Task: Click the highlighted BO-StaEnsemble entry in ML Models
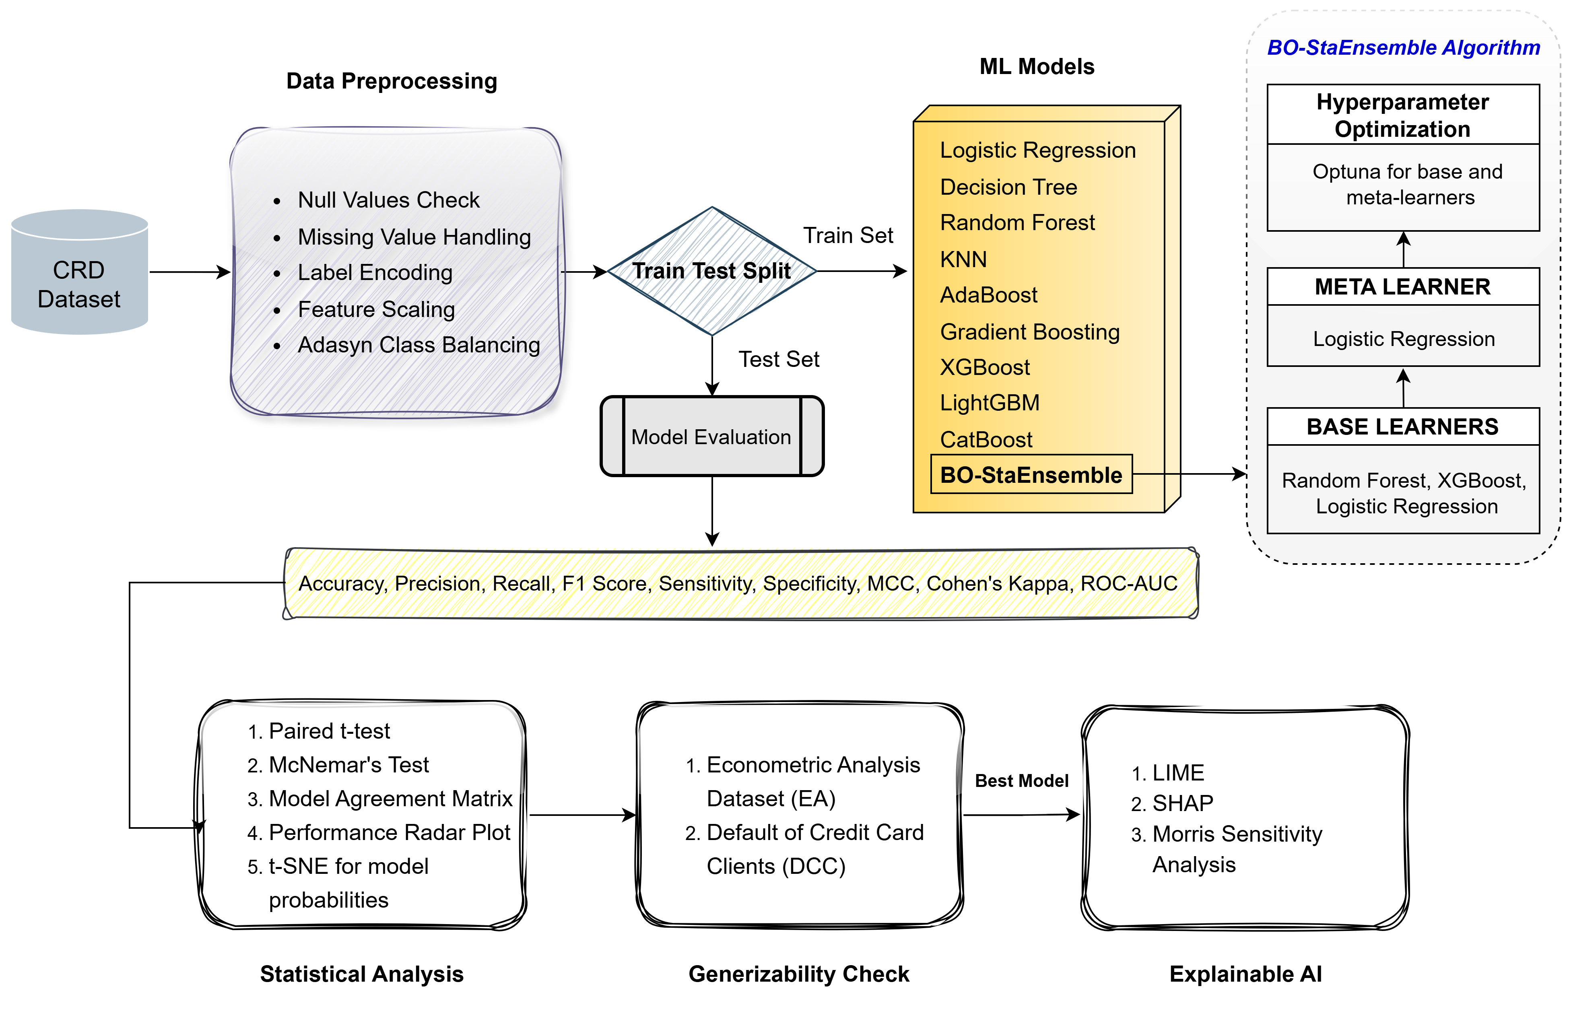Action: [1031, 474]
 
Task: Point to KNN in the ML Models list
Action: [963, 259]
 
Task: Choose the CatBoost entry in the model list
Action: [986, 439]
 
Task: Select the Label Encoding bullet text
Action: [375, 272]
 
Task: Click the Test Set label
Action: [779, 359]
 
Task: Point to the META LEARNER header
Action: [1402, 287]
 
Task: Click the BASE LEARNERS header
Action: [1402, 426]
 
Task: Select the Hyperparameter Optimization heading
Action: [1402, 115]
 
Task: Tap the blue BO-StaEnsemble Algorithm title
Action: [1403, 48]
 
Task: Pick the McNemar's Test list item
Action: [348, 765]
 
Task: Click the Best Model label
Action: [1021, 780]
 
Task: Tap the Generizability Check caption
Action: [798, 974]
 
